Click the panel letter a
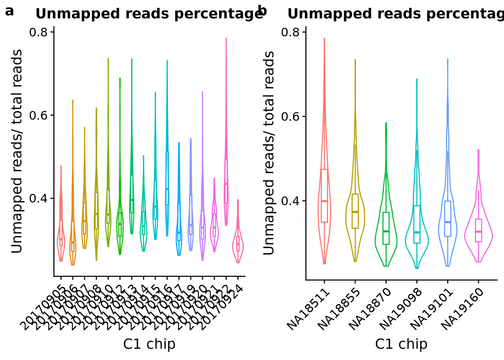9,12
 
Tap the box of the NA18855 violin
355,211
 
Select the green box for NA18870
386,228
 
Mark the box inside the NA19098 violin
417,224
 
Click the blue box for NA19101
447,218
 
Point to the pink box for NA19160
478,230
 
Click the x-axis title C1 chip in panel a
149,344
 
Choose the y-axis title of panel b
269,153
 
